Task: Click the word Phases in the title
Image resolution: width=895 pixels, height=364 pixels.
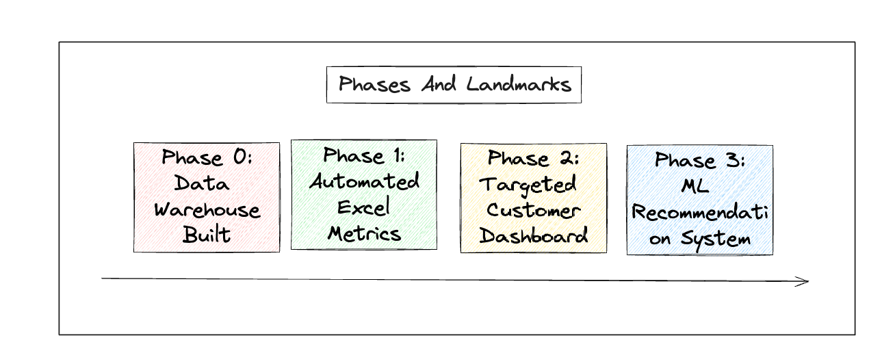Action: coord(374,85)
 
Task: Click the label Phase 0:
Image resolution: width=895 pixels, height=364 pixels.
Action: coord(207,158)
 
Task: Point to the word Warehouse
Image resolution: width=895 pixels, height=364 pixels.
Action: coord(207,209)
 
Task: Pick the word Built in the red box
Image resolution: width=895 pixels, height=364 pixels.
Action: coord(207,235)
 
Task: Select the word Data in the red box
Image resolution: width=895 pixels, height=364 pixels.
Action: coord(202,183)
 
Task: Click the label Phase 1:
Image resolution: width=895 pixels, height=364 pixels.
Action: coord(364,155)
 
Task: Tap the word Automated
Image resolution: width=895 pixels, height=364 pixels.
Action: coord(364,181)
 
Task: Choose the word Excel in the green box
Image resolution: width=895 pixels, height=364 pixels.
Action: coord(364,207)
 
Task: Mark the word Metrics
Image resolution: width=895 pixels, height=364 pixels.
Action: coord(364,233)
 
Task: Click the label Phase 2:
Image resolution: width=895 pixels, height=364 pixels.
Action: coord(534,159)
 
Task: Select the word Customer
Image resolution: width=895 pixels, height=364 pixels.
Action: coord(534,210)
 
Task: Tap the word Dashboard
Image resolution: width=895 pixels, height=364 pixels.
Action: coord(534,236)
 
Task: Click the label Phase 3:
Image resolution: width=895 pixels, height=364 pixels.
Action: coord(700,161)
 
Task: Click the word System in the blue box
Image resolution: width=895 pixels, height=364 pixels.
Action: coord(716,239)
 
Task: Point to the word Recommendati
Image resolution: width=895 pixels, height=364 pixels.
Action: coord(700,213)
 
